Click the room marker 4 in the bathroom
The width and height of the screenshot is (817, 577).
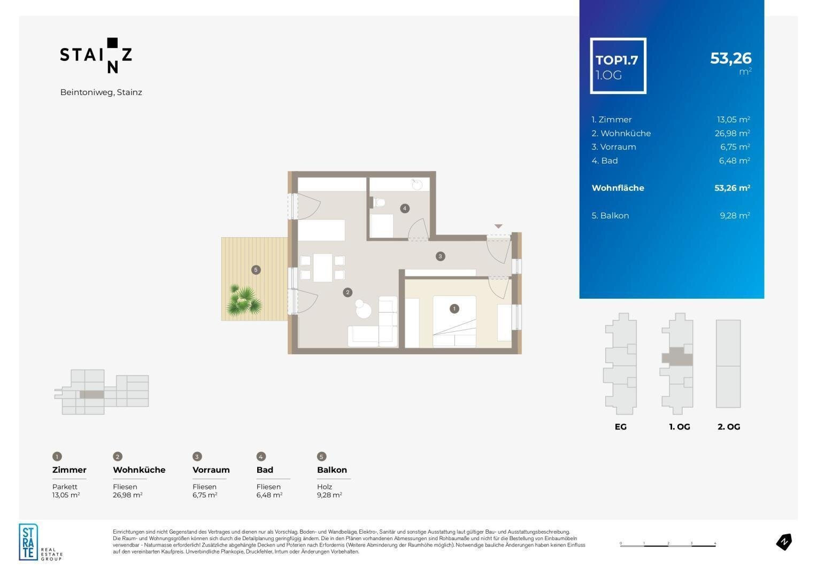[x=404, y=208]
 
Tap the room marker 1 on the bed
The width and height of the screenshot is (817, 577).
[x=454, y=309]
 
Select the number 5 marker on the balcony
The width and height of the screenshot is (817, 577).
[x=256, y=270]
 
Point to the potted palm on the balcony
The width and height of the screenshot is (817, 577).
[x=244, y=300]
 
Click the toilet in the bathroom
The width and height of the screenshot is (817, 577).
[x=377, y=202]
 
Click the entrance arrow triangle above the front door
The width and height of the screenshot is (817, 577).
[x=498, y=227]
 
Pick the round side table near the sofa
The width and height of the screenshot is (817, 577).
[x=363, y=310]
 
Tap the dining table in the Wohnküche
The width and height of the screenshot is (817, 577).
[x=322, y=268]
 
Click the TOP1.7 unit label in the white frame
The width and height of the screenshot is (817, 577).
[x=617, y=60]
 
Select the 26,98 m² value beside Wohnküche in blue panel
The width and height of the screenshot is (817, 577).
[x=732, y=133]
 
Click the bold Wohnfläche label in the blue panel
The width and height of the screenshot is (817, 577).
[x=618, y=188]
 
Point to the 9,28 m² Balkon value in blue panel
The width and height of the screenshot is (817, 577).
[x=735, y=215]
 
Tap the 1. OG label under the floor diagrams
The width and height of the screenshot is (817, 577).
[x=680, y=427]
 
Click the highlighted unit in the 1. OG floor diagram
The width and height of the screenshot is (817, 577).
[x=677, y=357]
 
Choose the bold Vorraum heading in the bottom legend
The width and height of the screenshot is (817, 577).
[x=211, y=470]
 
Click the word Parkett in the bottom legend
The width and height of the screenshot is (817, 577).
[x=65, y=487]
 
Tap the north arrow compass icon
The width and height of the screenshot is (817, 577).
[x=784, y=542]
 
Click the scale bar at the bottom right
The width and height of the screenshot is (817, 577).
[x=668, y=545]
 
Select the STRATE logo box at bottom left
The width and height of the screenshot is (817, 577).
[x=28, y=542]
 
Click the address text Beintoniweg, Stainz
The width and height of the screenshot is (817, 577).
[x=101, y=92]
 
